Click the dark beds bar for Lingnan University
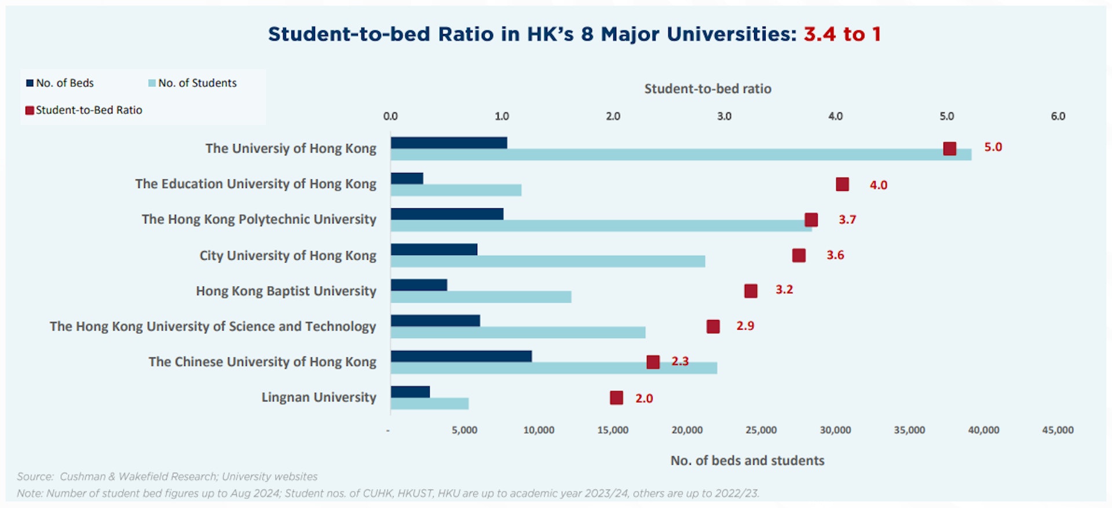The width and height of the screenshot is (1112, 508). coord(410,392)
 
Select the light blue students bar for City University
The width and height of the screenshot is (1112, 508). coord(547,262)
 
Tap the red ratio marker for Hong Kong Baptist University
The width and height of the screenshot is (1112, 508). coord(751,290)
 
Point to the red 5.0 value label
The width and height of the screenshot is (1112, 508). coord(993,147)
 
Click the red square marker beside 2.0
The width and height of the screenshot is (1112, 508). coord(616,397)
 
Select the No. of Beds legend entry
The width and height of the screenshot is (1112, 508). coord(60,83)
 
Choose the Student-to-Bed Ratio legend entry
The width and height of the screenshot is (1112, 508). coord(84,110)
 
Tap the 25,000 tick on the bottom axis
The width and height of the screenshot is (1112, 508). coord(761,430)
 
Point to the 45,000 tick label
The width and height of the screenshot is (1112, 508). coord(1058,430)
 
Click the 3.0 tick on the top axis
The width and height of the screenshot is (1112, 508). coord(724,116)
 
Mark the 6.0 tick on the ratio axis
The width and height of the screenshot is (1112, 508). coord(1058,116)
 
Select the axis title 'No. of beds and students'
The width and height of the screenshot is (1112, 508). coord(747,461)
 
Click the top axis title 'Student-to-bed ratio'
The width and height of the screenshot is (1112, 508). coord(708,89)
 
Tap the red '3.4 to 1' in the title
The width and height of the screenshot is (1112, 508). coord(842,34)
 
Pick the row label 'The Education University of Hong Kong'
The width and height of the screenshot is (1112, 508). coord(255,184)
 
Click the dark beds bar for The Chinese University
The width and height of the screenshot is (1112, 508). coord(461,356)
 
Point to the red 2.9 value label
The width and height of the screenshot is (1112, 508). coord(745,326)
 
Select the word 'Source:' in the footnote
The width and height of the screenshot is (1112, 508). coord(35,477)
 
